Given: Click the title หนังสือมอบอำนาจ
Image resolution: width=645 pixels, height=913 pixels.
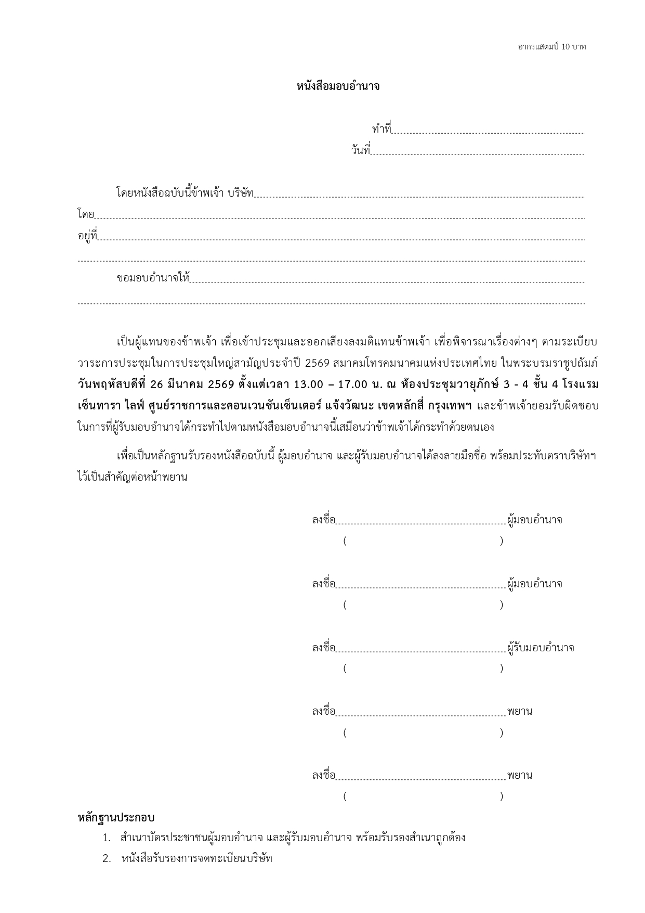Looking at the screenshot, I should click(x=338, y=87).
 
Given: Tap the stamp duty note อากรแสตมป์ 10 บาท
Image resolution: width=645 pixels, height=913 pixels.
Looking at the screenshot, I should click(x=551, y=47).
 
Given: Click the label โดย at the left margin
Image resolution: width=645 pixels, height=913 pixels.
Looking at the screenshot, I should click(x=86, y=214).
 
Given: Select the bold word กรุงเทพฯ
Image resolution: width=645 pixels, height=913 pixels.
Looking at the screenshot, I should click(x=450, y=406).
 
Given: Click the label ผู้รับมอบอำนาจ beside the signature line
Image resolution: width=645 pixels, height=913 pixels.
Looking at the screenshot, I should click(x=541, y=648).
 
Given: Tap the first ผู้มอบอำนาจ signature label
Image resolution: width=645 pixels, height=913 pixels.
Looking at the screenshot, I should click(x=535, y=520).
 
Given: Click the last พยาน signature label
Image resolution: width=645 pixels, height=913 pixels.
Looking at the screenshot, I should click(x=520, y=776).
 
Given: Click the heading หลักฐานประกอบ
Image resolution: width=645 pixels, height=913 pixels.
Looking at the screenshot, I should click(x=116, y=818).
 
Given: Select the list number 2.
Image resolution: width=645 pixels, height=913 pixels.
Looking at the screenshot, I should click(x=107, y=859).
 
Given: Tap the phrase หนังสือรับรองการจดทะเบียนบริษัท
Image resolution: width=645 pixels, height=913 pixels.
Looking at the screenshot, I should click(x=196, y=859).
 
